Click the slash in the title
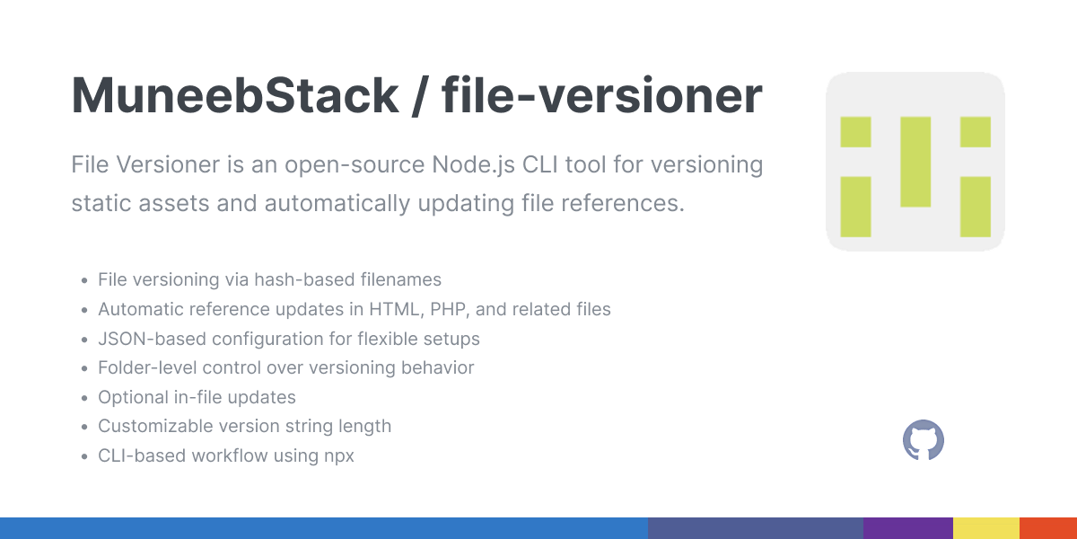point(415,96)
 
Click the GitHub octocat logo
point(924,441)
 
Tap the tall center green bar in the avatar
point(915,162)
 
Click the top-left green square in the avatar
point(855,132)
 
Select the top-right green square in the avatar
point(976,132)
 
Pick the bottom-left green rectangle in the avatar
point(855,207)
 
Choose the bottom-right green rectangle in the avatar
point(976,207)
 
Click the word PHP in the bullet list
point(448,310)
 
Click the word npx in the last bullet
point(338,455)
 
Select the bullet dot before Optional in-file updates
point(83,398)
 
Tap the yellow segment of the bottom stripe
point(985,528)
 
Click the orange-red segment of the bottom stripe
point(1048,528)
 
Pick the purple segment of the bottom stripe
point(907,528)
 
